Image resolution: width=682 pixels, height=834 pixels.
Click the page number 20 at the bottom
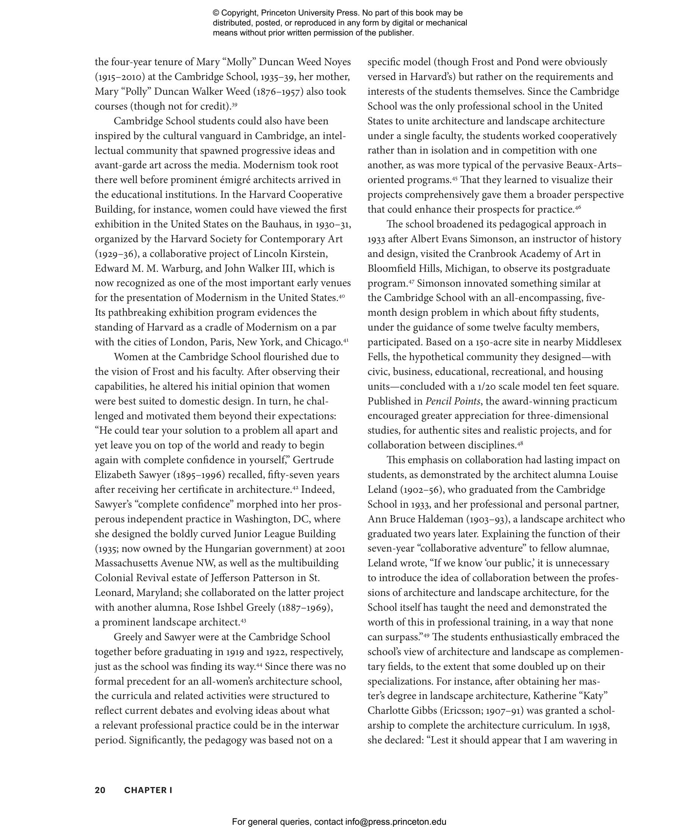100,790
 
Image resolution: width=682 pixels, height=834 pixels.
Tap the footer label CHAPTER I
148,790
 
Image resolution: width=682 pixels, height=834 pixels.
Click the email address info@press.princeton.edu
396,821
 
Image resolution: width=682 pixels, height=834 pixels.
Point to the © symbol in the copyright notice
216,13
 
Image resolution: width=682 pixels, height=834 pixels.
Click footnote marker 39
234,105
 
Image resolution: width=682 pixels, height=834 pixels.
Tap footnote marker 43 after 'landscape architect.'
243,621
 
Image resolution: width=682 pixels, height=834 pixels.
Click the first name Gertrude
313,460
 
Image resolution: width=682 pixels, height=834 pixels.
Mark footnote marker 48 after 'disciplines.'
520,444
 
